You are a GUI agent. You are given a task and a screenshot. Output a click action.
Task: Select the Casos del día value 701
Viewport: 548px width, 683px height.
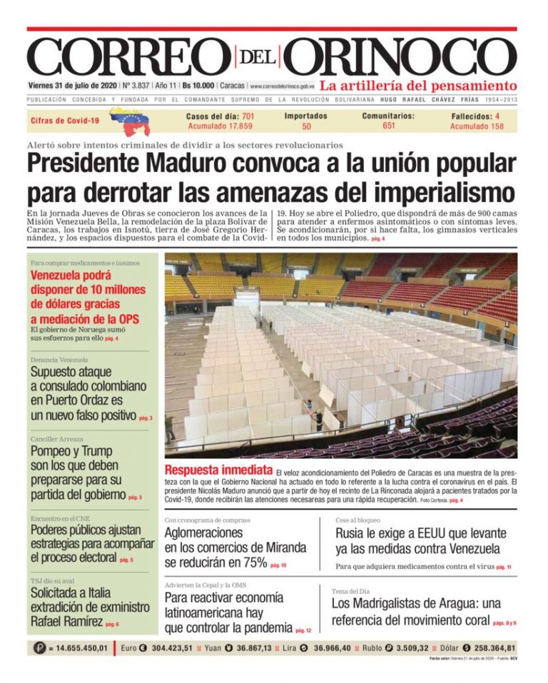click(x=248, y=116)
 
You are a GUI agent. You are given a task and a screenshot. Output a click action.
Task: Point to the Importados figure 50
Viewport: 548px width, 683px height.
click(x=306, y=126)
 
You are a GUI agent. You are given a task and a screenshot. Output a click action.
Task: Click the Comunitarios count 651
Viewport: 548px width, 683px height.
click(x=389, y=126)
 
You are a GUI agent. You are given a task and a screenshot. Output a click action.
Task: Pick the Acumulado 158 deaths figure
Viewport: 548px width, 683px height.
click(x=477, y=126)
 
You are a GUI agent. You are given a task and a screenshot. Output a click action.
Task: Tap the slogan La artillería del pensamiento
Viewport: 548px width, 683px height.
click(x=418, y=86)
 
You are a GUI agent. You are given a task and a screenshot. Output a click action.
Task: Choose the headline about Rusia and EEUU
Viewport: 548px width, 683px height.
click(x=421, y=541)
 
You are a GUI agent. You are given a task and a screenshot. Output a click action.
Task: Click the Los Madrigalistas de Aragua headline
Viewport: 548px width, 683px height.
click(x=416, y=612)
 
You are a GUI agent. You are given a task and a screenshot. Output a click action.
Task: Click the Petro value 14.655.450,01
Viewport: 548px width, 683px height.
click(x=82, y=648)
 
